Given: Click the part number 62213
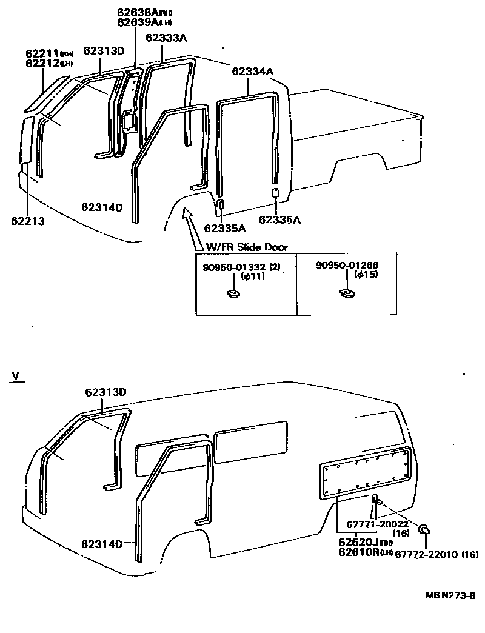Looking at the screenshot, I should [28, 221].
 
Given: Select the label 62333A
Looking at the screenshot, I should [166, 38].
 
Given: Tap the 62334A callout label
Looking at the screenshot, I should [252, 72].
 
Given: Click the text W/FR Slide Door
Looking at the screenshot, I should [246, 247].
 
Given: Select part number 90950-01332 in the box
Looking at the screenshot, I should [233, 266].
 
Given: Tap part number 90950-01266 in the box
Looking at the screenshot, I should [347, 266].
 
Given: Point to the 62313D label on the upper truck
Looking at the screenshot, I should [104, 51].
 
